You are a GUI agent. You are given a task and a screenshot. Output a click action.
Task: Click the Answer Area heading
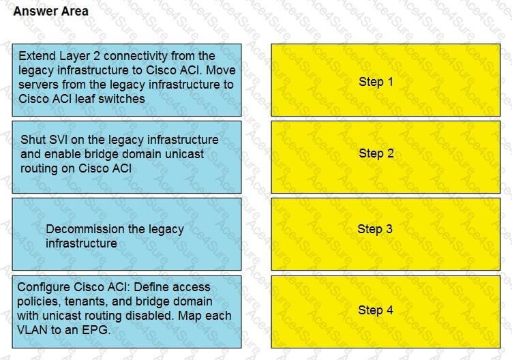[50, 12]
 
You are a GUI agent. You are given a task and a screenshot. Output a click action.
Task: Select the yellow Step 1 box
[386, 80]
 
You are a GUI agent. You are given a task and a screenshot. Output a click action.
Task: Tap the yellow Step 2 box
[386, 157]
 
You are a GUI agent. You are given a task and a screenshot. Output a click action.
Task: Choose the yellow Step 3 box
[386, 234]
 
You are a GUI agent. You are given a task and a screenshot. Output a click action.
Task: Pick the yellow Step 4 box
[386, 312]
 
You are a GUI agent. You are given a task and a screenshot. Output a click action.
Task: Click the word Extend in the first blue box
[37, 56]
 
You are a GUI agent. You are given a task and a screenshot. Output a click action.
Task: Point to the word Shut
[33, 140]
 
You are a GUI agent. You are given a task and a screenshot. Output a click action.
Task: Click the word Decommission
[85, 229]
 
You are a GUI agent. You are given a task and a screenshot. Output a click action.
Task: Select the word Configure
[44, 288]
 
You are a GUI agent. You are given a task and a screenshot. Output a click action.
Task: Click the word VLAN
[32, 330]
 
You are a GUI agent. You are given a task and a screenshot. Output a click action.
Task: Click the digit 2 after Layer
[96, 56]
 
